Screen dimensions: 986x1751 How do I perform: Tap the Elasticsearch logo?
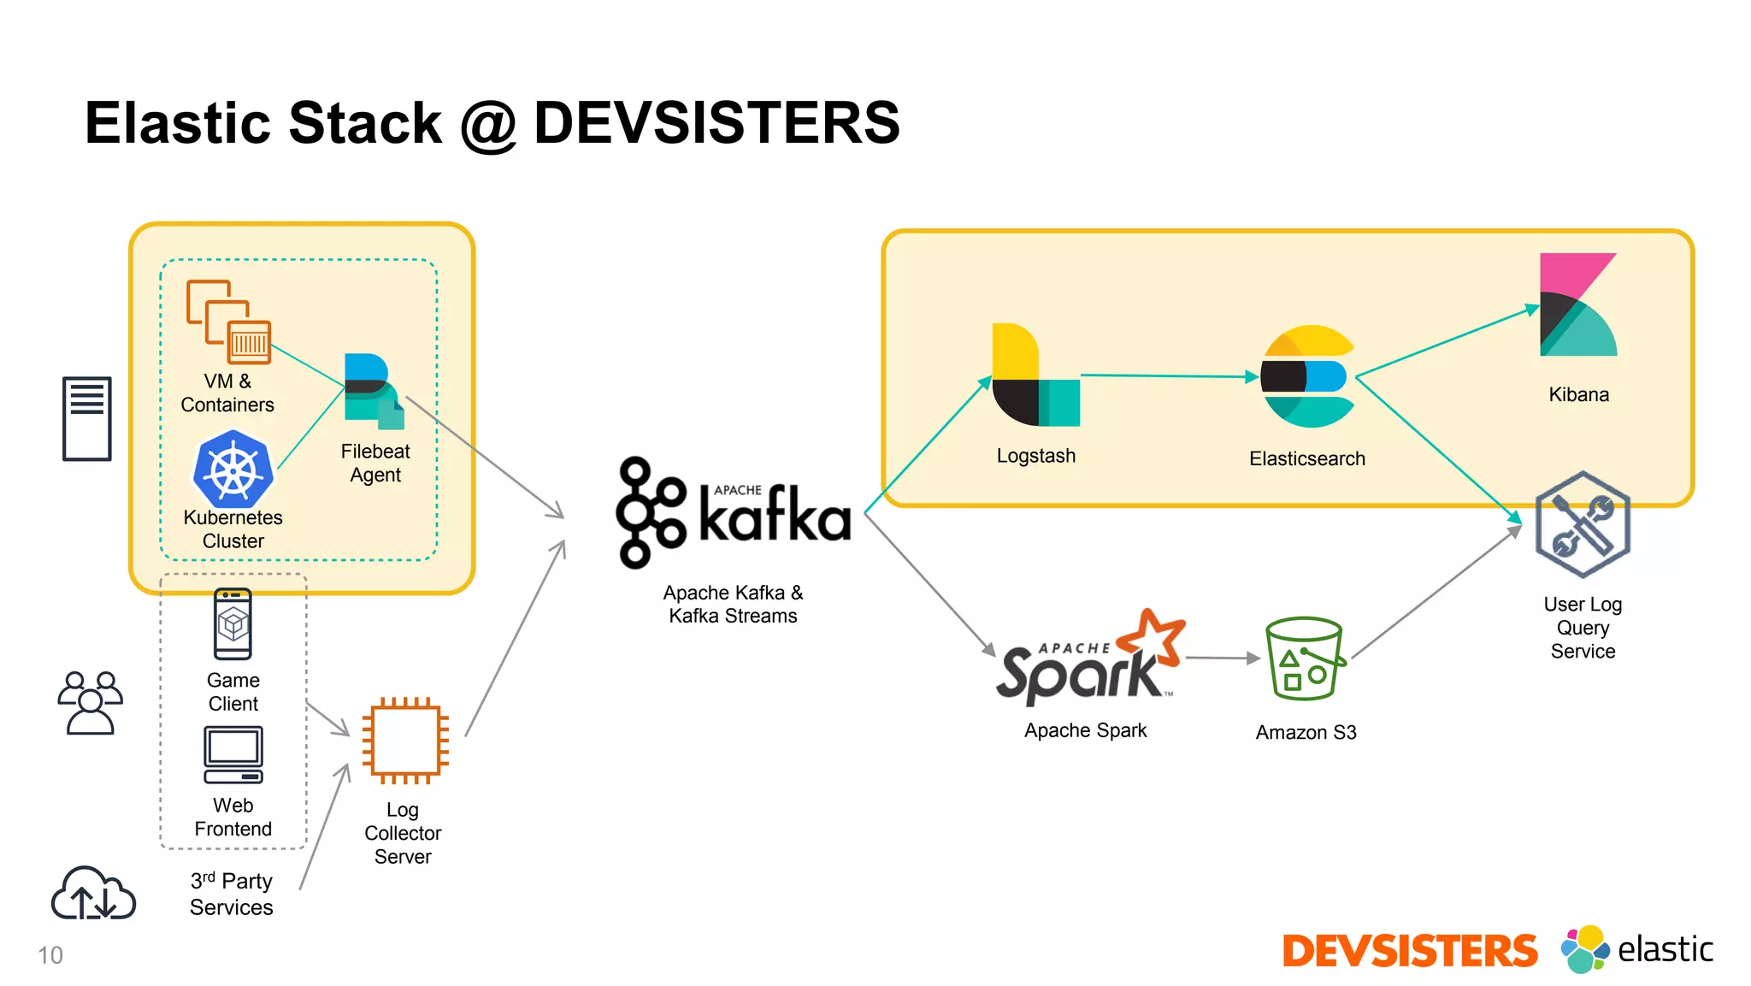1307,376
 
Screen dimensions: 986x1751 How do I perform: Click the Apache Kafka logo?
734,512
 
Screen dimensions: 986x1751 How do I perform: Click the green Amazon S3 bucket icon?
1305,658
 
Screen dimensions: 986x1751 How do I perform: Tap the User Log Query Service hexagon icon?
1582,524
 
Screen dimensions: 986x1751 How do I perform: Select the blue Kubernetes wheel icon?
233,470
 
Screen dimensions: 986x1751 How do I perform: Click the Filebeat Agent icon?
374,391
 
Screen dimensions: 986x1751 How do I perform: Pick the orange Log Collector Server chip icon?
405,741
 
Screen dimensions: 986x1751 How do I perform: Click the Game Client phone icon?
233,623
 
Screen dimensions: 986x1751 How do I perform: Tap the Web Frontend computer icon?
233,754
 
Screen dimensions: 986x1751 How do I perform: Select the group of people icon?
90,703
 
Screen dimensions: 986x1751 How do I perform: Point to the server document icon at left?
87,418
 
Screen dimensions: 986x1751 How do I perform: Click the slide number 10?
50,955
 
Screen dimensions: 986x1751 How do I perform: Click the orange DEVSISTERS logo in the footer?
1409,951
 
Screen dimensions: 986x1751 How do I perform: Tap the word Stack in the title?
365,122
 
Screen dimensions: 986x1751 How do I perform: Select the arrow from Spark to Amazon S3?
1223,658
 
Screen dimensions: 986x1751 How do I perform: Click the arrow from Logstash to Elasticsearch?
1168,375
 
